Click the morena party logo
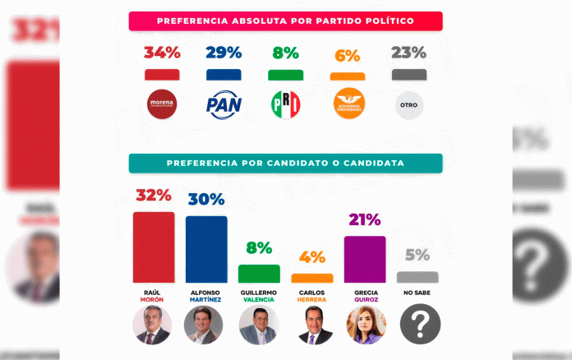pos(162,104)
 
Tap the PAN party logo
pos(223,105)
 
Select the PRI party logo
pos(285,104)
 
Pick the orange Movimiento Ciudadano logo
pos(347,104)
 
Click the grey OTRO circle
pos(409,105)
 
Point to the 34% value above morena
pos(162,53)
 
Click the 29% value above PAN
pos(223,53)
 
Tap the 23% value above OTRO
pos(408,53)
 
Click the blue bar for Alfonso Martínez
pos(206,249)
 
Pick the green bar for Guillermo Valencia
pos(259,273)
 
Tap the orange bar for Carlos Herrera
pos(312,278)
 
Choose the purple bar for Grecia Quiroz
pos(365,259)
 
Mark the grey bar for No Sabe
pos(417,277)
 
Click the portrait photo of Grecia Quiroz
pos(365,325)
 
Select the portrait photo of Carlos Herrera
pos(312,325)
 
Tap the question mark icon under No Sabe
pos(419,325)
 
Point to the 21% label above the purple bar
pos(364,220)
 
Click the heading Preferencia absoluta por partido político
pos(285,21)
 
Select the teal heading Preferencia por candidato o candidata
pos(285,163)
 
